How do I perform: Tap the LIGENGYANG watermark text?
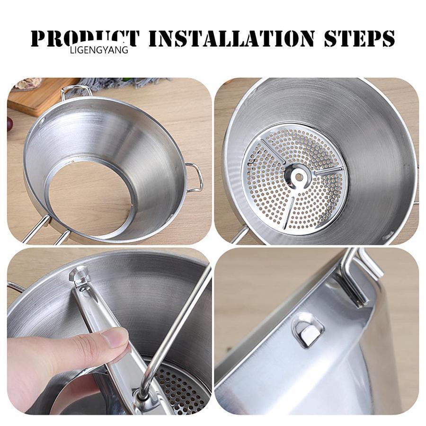pos(99,50)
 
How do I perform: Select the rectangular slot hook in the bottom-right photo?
pos(308,330)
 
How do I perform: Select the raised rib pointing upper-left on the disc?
pos(272,151)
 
